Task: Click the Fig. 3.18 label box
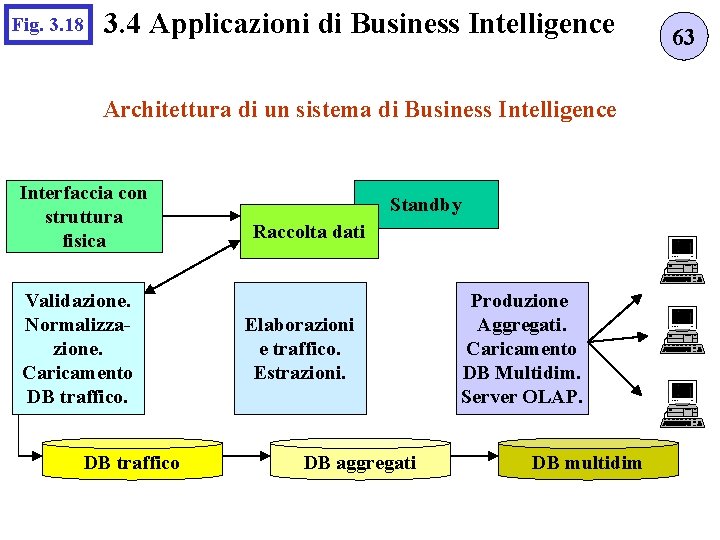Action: click(47, 23)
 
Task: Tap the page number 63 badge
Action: click(683, 38)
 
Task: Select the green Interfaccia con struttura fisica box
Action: click(83, 216)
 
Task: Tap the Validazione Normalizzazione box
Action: click(78, 348)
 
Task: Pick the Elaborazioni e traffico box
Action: click(299, 348)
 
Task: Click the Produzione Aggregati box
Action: click(520, 348)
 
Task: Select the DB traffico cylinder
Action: click(132, 462)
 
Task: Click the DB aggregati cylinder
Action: click(360, 462)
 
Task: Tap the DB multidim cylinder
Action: click(587, 462)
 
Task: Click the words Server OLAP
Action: click(520, 397)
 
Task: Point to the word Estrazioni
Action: click(299, 373)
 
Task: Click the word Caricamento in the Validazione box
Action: click(78, 373)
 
